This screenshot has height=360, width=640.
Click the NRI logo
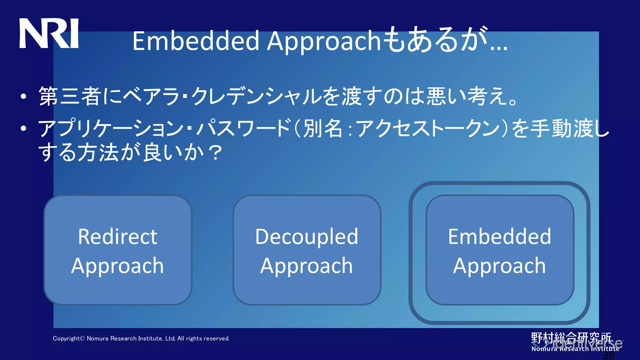click(49, 33)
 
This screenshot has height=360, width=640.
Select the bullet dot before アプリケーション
click(23, 128)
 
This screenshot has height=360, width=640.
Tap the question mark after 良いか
click(216, 153)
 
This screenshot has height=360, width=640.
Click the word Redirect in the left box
click(117, 237)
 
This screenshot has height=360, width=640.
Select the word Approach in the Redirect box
click(117, 266)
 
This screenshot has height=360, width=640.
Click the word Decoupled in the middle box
click(307, 237)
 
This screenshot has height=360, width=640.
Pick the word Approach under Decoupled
click(307, 266)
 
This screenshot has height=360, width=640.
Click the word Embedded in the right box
click(499, 237)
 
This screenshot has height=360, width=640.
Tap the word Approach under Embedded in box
click(499, 266)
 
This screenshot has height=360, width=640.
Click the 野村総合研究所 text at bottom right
click(571, 337)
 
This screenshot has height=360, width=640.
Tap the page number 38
click(608, 355)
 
